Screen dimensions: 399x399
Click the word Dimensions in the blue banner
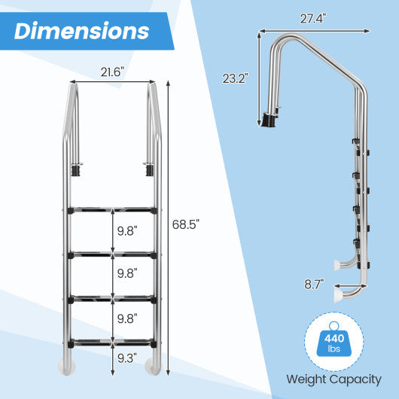pos(82,31)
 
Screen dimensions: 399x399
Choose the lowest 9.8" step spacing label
pos(126,318)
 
